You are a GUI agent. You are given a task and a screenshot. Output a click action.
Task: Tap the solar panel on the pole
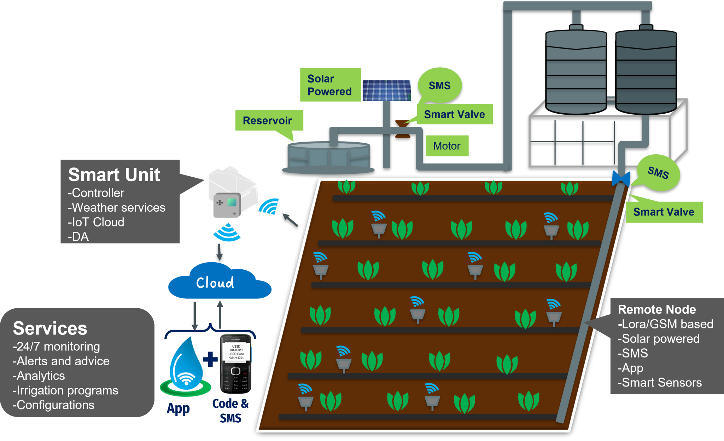click(x=386, y=90)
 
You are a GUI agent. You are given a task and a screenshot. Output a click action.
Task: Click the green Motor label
click(x=447, y=146)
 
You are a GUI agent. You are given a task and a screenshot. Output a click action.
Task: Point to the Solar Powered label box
click(x=330, y=85)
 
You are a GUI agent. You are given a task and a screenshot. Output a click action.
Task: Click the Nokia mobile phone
click(x=235, y=363)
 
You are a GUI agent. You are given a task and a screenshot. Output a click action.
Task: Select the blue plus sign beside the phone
click(x=211, y=359)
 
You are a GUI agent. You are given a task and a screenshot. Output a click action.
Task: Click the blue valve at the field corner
click(x=621, y=178)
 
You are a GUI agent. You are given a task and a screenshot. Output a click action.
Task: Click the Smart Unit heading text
click(x=114, y=175)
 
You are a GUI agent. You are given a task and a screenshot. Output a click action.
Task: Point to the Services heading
click(x=50, y=328)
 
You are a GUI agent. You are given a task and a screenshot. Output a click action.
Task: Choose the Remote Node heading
click(x=656, y=309)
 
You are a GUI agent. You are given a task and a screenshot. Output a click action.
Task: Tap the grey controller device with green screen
click(x=227, y=205)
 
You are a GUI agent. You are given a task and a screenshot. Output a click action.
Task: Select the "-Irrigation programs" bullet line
click(x=65, y=390)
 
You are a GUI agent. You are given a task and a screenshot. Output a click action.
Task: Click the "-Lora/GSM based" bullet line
click(x=665, y=324)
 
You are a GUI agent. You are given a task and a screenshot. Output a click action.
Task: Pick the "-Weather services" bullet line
click(x=117, y=207)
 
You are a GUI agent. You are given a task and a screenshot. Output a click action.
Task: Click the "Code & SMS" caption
click(x=230, y=411)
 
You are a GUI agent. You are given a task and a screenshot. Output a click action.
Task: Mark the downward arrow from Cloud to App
click(x=194, y=315)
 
